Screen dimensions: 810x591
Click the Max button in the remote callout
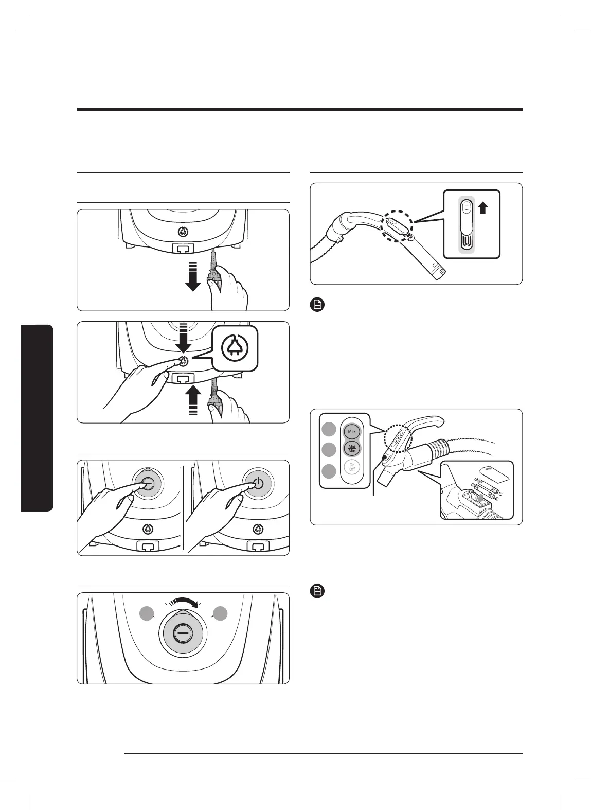tap(352, 431)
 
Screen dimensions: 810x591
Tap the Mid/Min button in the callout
tap(352, 449)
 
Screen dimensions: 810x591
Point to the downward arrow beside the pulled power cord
tap(193, 276)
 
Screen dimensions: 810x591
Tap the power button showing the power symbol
tap(258, 484)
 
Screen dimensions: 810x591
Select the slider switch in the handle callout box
tap(466, 225)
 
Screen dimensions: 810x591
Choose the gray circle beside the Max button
tap(330, 429)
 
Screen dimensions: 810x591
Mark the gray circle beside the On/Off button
tap(330, 471)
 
